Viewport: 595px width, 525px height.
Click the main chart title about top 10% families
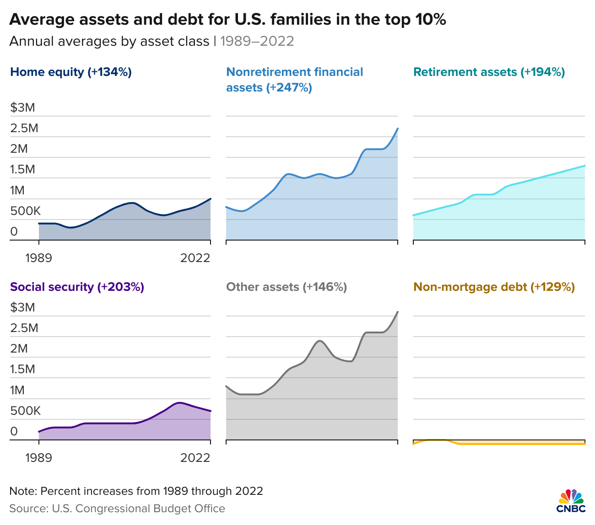pos(227,19)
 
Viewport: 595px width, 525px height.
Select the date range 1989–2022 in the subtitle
pos(257,41)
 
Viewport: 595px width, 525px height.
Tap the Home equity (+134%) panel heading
pos(71,72)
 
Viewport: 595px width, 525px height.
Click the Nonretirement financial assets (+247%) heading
pos(294,80)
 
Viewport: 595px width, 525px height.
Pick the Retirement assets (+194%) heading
pos(489,72)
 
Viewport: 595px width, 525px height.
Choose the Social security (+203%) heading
pos(77,287)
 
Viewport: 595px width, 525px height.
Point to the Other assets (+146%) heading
pos(287,287)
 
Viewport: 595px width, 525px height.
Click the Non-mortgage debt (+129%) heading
pos(494,287)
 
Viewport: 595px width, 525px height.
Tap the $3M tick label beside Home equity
pos(23,107)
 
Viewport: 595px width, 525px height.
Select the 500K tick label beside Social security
pos(26,411)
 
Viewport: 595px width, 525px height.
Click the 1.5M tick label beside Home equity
pos(23,170)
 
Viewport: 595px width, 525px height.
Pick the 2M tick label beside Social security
pos(19,348)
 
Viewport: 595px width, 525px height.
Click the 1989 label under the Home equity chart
pos(38,258)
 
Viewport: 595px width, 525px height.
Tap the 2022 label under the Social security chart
pos(195,457)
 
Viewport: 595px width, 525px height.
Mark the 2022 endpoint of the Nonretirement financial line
pos(398,129)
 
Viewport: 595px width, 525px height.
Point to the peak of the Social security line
pos(179,403)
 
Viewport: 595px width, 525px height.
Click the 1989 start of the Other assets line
pos(227,386)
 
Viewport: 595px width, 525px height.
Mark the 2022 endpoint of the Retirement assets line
pos(585,166)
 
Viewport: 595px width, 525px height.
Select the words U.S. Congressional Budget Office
pos(138,509)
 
